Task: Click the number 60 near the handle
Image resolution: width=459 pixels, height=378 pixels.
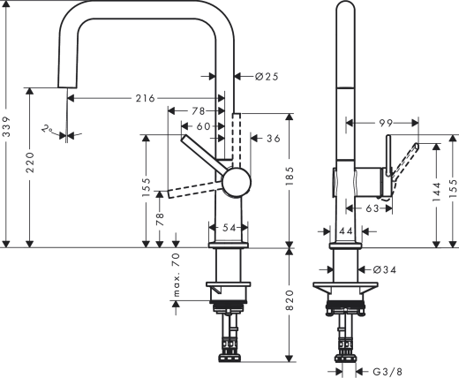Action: click(x=204, y=126)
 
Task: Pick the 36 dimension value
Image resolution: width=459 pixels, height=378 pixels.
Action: click(x=272, y=138)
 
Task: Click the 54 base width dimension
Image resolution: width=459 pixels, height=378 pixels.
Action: click(x=229, y=227)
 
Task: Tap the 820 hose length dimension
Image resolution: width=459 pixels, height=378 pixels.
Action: click(x=290, y=304)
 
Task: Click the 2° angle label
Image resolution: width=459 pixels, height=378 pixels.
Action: click(x=49, y=130)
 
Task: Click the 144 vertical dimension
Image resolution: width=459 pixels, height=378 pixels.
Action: click(x=436, y=196)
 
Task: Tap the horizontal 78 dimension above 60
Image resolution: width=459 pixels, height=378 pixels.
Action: click(x=198, y=111)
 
